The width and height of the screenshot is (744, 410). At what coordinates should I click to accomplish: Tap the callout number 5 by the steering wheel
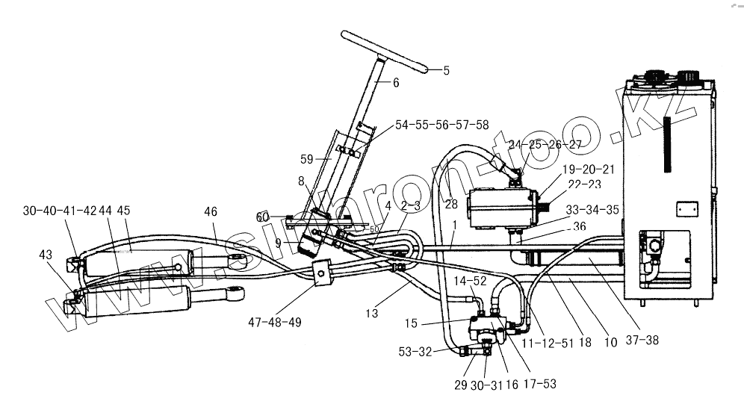[x=447, y=71]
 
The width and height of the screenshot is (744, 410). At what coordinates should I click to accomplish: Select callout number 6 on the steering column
[x=396, y=84]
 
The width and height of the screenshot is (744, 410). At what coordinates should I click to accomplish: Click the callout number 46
[x=212, y=213]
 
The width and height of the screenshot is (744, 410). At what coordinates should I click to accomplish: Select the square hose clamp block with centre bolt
[x=321, y=273]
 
